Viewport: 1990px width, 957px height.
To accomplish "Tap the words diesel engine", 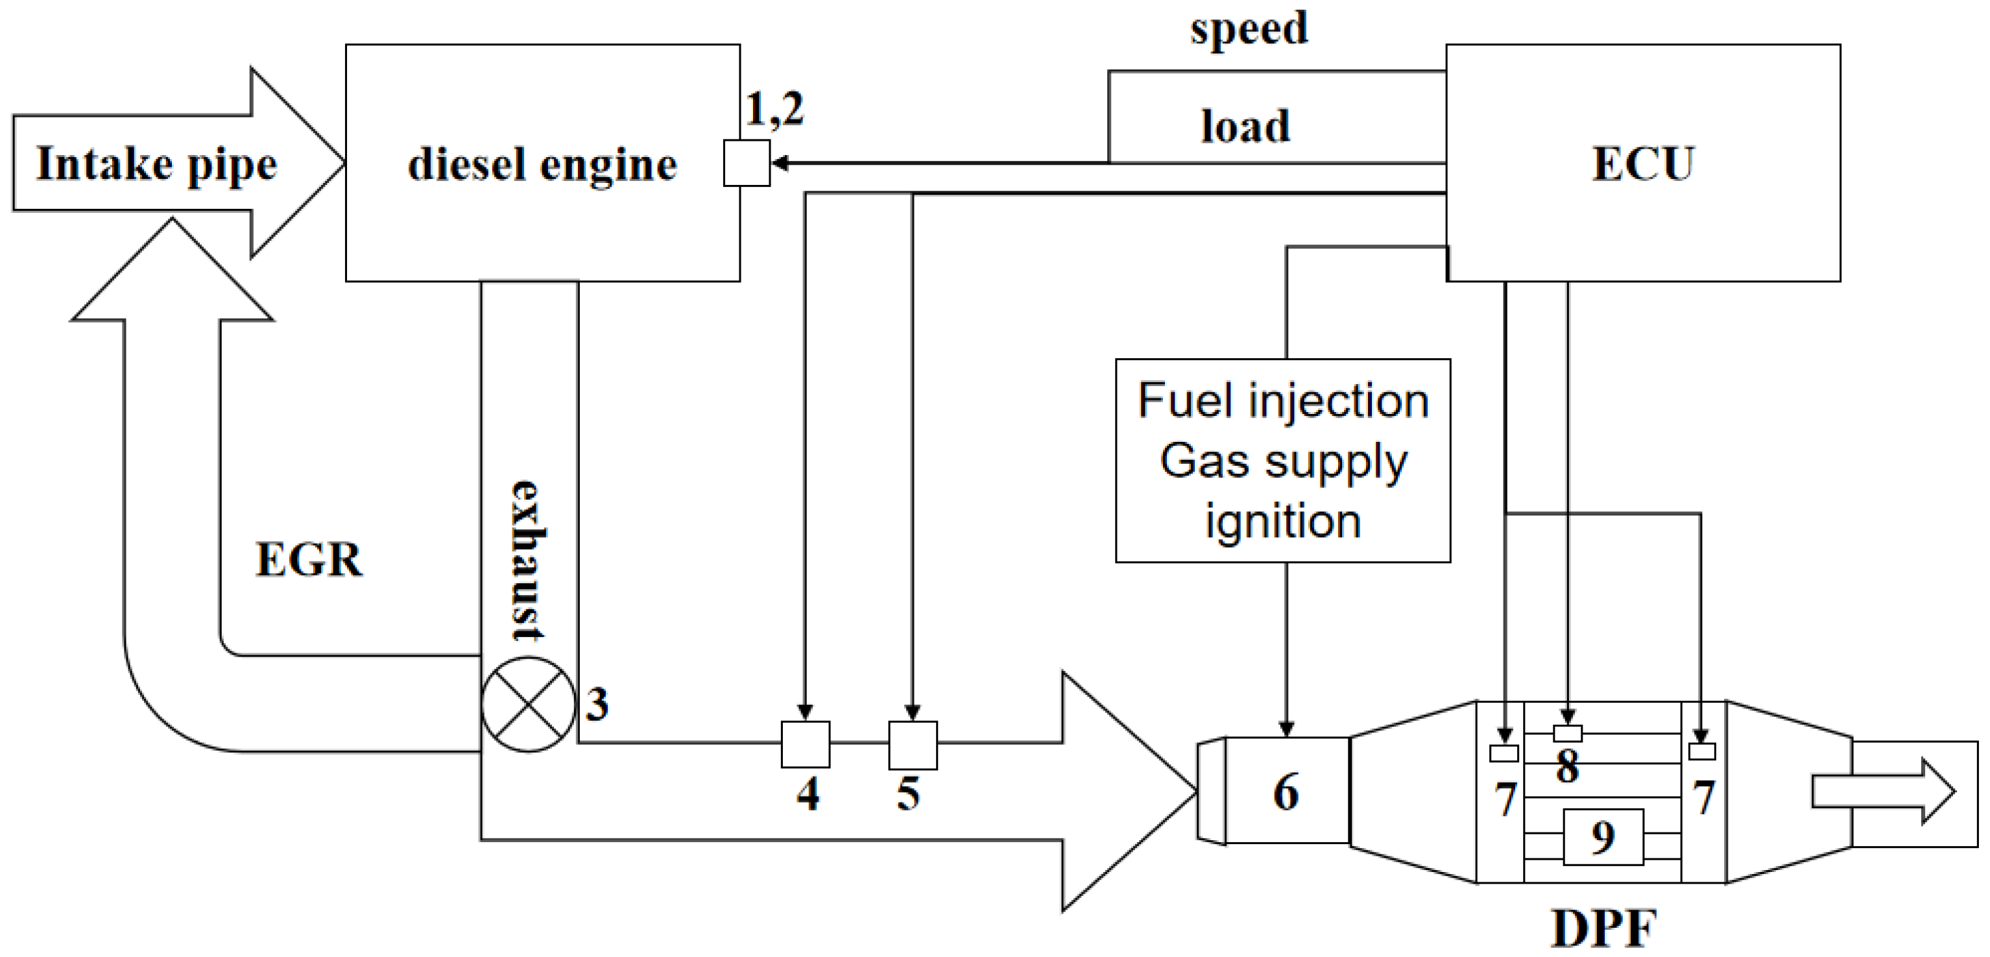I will (x=542, y=165).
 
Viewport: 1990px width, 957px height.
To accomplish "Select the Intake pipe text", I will (x=156, y=164).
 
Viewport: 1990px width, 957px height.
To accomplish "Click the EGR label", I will (x=308, y=560).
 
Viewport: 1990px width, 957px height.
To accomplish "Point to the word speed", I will (x=1249, y=29).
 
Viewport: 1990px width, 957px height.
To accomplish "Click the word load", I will (x=1245, y=126).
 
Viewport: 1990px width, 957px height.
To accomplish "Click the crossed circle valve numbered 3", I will (x=529, y=704).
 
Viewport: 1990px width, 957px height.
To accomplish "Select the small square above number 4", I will (x=806, y=744).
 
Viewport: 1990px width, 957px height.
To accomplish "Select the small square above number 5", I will (x=913, y=744).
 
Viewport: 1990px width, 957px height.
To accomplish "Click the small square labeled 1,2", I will (x=746, y=163).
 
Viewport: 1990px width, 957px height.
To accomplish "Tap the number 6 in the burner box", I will (x=1286, y=792).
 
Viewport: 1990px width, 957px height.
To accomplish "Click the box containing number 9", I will (x=1603, y=837).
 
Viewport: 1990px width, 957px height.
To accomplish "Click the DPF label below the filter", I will (x=1604, y=928).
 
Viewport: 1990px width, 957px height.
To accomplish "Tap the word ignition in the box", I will (x=1283, y=521).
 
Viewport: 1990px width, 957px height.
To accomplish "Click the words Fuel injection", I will (x=1283, y=401).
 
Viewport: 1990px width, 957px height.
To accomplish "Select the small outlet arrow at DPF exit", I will (x=1882, y=792).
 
